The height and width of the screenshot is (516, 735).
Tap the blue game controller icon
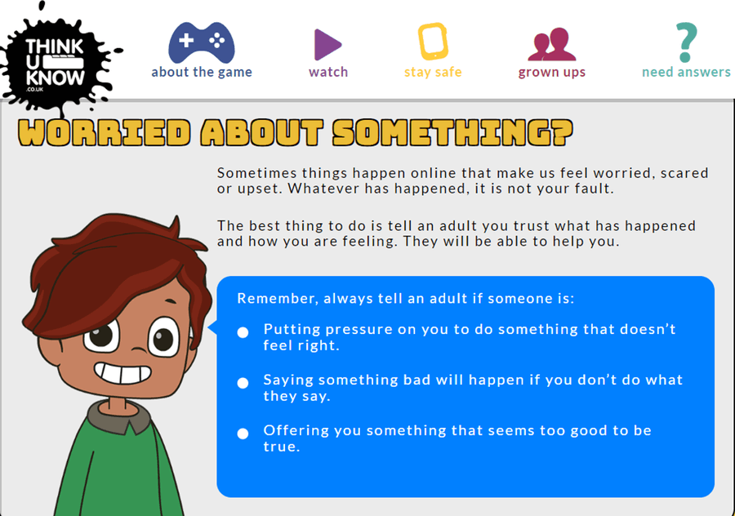click(202, 42)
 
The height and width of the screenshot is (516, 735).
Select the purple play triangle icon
click(327, 45)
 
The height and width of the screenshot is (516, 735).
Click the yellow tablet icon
click(433, 42)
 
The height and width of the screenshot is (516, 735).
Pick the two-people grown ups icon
click(552, 45)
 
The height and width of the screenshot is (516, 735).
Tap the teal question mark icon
click(686, 42)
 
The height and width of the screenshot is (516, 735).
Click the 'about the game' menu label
click(202, 72)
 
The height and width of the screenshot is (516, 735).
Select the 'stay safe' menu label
click(433, 72)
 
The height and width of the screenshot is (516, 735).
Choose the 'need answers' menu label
click(686, 72)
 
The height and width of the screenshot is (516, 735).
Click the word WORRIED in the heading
click(105, 132)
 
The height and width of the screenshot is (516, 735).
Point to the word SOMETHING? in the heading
click(452, 132)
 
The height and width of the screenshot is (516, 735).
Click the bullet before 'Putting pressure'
click(243, 332)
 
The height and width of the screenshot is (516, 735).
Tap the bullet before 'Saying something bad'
click(243, 383)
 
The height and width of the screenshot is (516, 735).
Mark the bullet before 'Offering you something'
click(243, 434)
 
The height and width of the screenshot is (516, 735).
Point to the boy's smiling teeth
click(122, 373)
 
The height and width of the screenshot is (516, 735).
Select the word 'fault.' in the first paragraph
click(595, 189)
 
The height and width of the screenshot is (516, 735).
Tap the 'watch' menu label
click(328, 72)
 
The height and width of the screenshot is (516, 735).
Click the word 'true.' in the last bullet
click(282, 447)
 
